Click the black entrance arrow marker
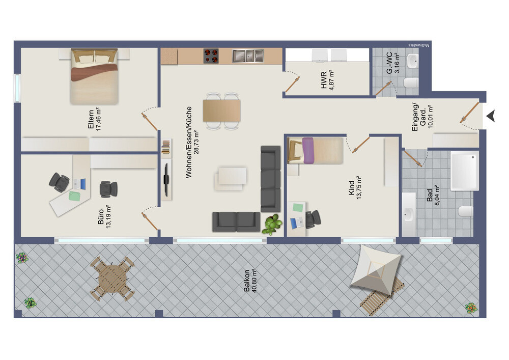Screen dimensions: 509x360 [x=491, y=116]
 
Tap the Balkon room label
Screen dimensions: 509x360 [x=247, y=281]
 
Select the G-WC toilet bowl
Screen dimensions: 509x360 [x=411, y=82]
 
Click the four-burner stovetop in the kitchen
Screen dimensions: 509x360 [x=211, y=56]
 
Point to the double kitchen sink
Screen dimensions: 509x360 [x=248, y=56]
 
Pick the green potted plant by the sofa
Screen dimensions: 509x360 [x=272, y=224]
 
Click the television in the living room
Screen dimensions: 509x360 [x=166, y=179]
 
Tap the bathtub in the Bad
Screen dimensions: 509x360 [x=465, y=171]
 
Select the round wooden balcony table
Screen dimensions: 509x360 [x=112, y=279]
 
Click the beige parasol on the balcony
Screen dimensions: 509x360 [x=376, y=270]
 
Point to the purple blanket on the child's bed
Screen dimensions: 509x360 [x=308, y=150]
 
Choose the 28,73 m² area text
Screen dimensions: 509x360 [x=196, y=142]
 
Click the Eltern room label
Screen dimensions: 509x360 [x=91, y=120]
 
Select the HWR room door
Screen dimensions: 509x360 [x=293, y=84]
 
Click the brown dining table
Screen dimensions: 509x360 [x=222, y=110]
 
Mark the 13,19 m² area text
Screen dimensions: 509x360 [x=108, y=216]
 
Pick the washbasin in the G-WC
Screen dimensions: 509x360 [x=413, y=61]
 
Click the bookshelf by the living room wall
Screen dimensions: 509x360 [x=166, y=146]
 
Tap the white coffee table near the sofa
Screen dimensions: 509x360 [x=232, y=176]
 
